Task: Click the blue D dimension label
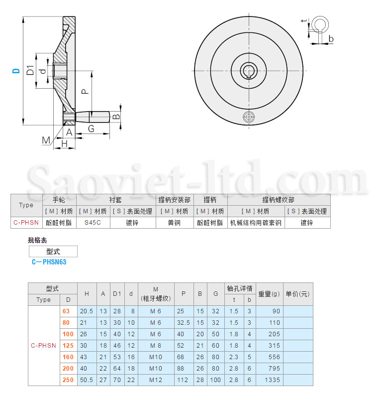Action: pyautogui.click(x=16, y=71)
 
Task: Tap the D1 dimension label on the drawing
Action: pyautogui.click(x=30, y=70)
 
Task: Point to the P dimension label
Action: pyautogui.click(x=85, y=91)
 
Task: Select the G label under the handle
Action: pyautogui.click(x=91, y=129)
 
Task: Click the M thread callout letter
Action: pyautogui.click(x=46, y=140)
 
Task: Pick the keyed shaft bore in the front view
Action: pyautogui.click(x=249, y=71)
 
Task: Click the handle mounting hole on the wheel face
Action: pyautogui.click(x=249, y=117)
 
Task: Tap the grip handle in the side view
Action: pyautogui.click(x=93, y=117)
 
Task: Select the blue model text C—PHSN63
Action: pyautogui.click(x=49, y=262)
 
